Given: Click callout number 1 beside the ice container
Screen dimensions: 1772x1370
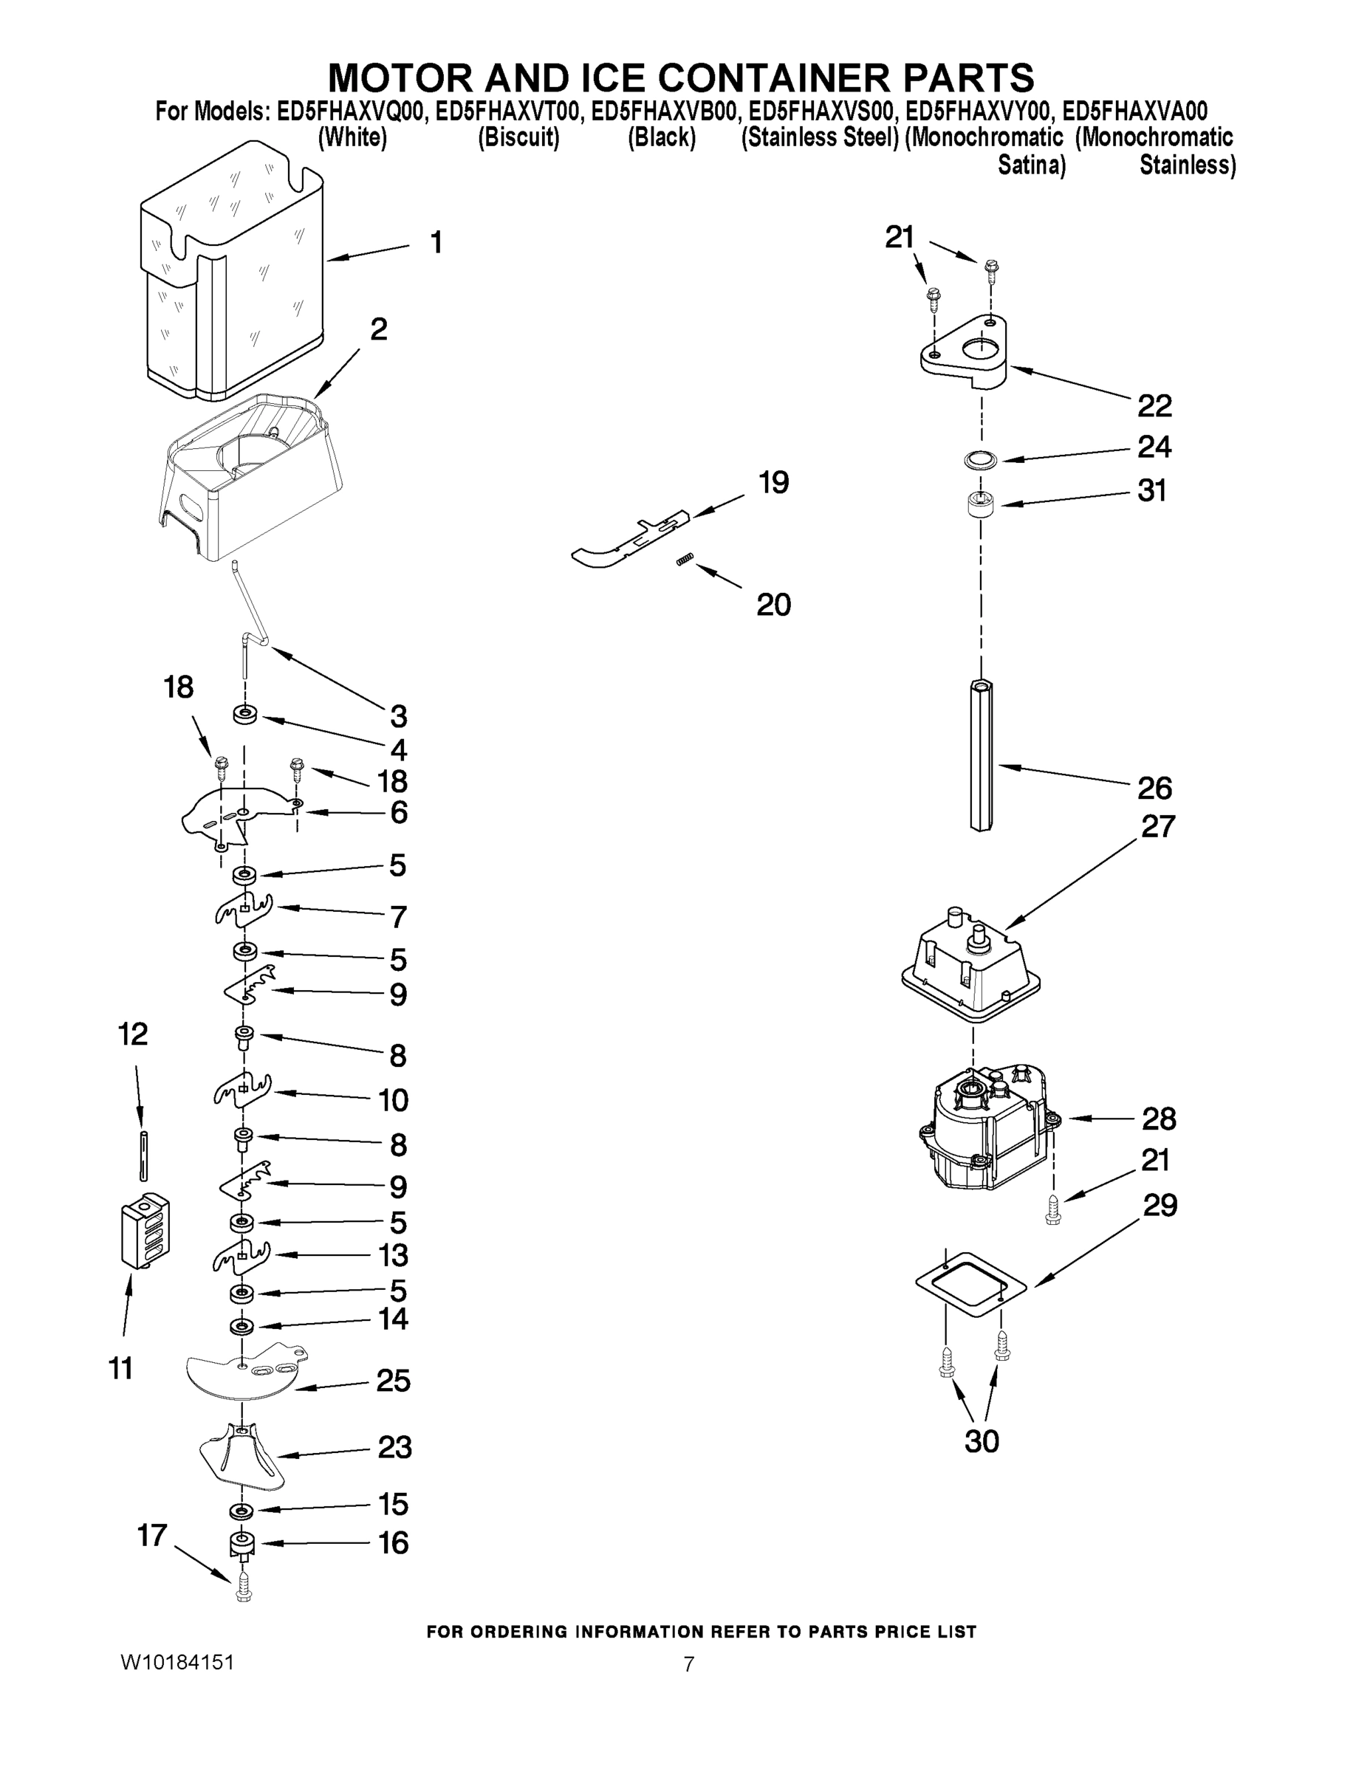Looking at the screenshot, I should click(x=436, y=241).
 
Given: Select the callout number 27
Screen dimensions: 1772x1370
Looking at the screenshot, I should click(x=1157, y=826).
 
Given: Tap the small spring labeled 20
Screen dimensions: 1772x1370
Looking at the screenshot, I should click(x=685, y=560).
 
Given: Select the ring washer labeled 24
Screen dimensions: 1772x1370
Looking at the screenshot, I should click(x=981, y=461).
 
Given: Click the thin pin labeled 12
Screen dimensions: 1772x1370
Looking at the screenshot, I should click(x=143, y=1153).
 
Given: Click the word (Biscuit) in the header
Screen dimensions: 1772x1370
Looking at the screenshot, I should click(x=518, y=138).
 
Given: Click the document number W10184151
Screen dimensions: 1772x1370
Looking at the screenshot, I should click(x=177, y=1662).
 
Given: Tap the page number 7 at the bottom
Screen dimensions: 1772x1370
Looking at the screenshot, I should click(x=688, y=1664).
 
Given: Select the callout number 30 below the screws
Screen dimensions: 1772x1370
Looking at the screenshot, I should click(x=982, y=1441).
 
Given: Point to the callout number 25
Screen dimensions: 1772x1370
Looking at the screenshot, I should click(x=393, y=1380).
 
